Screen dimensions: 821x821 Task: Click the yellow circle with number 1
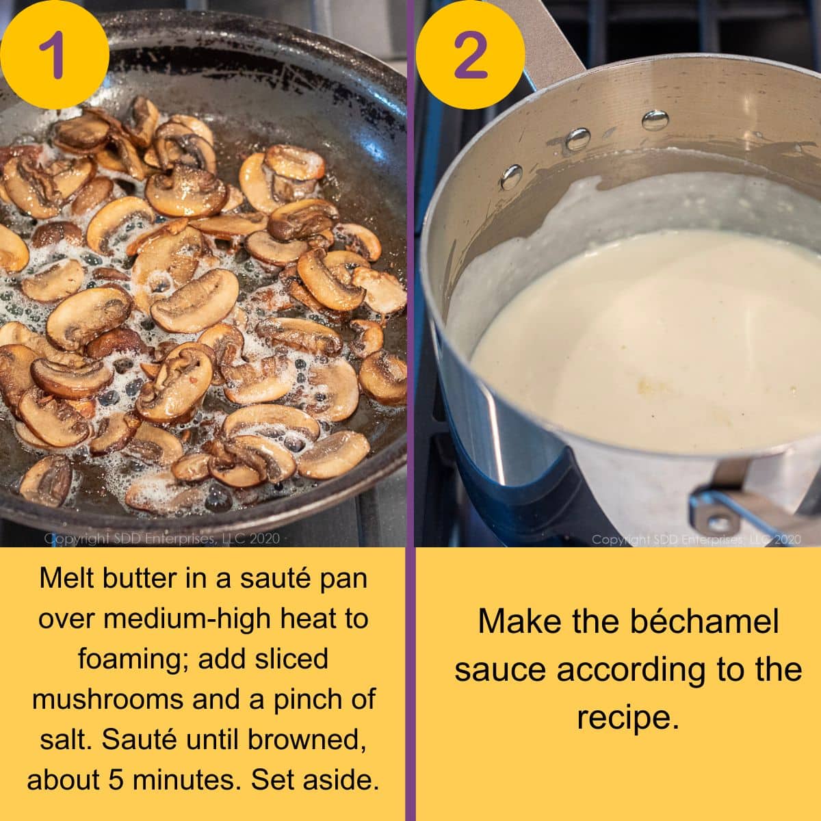click(x=53, y=53)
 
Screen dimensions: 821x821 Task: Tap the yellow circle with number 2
click(x=471, y=53)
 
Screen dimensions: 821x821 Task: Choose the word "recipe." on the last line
click(x=628, y=717)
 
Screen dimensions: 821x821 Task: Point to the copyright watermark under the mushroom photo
click(x=162, y=538)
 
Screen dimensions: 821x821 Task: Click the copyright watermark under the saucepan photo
click(x=695, y=540)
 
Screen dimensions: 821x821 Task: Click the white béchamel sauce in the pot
click(x=650, y=342)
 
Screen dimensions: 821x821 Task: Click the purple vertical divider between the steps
click(x=411, y=410)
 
